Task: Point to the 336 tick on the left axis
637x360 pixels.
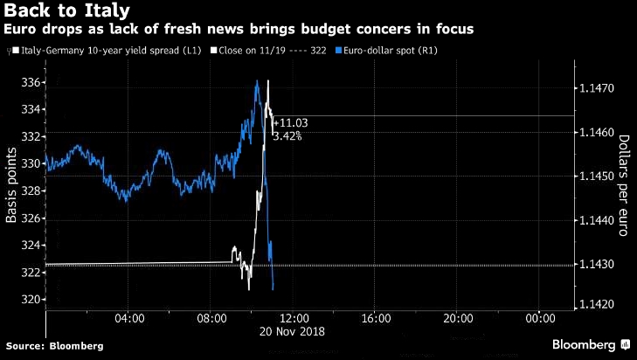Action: (31, 82)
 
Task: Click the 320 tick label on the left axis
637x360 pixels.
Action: (31, 300)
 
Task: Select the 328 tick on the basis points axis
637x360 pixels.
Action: (31, 191)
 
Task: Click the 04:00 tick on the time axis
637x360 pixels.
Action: (128, 319)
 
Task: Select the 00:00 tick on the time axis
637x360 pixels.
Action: (540, 319)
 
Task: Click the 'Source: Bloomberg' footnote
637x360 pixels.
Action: (54, 346)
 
